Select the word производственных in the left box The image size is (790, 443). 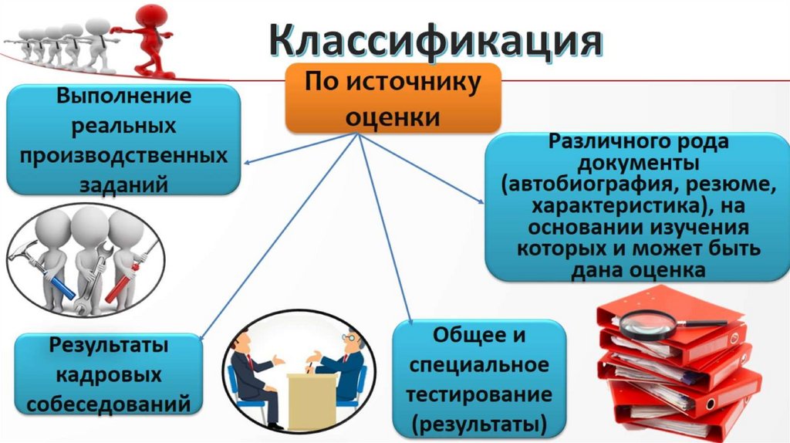point(123,154)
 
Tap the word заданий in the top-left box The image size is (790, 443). point(123,184)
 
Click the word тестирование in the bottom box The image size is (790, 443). point(479,394)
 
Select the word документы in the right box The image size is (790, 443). point(637,164)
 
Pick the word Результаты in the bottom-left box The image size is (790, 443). point(108,346)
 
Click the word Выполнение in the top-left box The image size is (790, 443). point(123,99)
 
